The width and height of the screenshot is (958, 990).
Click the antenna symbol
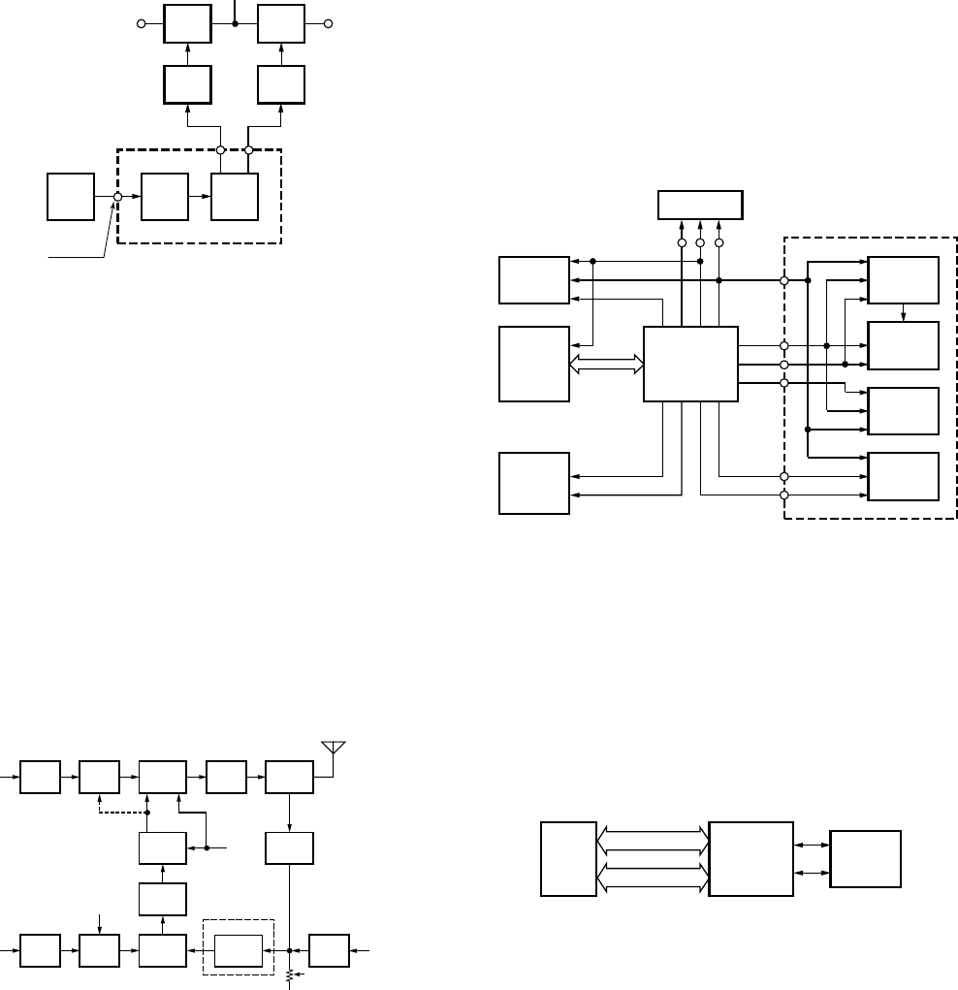[x=333, y=748]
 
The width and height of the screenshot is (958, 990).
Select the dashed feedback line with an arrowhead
[x=100, y=802]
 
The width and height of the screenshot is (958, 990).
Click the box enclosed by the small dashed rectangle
[x=239, y=950]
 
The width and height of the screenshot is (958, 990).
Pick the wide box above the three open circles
[x=700, y=206]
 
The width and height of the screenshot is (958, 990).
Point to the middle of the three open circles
[x=700, y=242]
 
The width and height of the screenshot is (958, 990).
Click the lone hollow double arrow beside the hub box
[x=606, y=364]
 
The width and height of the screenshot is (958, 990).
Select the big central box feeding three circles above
[x=690, y=364]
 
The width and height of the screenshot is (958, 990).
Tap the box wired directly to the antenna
[x=289, y=777]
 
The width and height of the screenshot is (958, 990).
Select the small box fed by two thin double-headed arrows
[x=865, y=858]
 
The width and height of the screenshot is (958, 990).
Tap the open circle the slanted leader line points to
[x=117, y=197]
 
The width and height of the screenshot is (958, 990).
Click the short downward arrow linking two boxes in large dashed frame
[x=904, y=312]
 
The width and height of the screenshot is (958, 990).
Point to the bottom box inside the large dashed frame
[x=904, y=476]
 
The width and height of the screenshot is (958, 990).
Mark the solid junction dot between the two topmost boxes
[x=236, y=23]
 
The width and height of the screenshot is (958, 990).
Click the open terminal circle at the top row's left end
[x=142, y=23]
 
